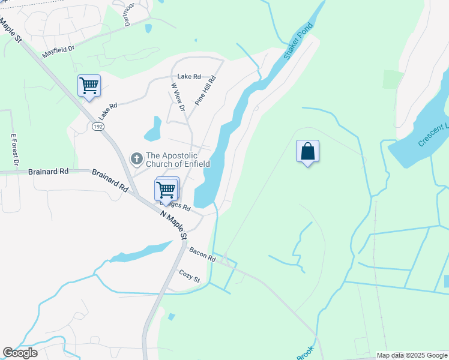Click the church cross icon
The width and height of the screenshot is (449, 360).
(x=136, y=159)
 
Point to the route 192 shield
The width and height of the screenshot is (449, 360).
(x=98, y=127)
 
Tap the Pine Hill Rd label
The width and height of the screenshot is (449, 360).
(x=205, y=91)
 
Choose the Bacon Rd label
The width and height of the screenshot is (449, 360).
(x=202, y=254)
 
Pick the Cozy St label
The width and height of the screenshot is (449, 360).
(x=189, y=276)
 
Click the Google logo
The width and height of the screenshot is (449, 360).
(x=20, y=353)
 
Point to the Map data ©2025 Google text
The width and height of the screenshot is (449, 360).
(x=412, y=355)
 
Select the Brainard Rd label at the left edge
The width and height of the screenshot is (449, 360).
(x=48, y=171)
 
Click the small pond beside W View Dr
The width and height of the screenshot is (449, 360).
(x=154, y=128)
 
